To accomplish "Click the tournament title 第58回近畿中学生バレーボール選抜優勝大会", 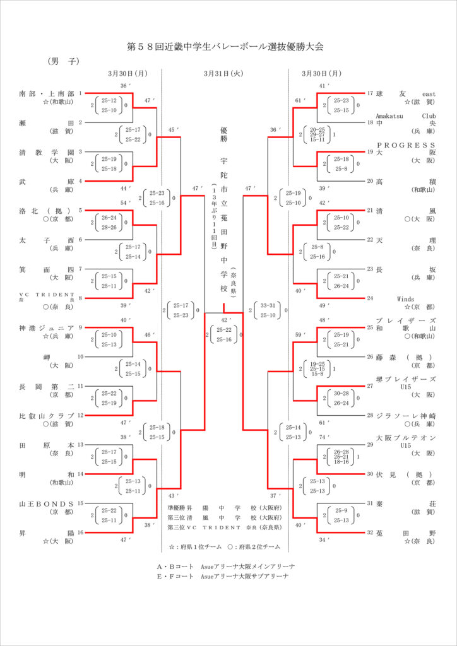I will pos(229,47).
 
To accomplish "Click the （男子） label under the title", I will pos(62,62).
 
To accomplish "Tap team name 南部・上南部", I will pos(47,93).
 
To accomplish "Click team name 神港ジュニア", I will pos(47,327).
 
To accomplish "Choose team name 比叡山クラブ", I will pos(47,416).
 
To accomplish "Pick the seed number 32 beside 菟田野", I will pos(370,533).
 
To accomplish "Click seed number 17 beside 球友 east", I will pos(370,93).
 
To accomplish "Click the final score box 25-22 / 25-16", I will pos(224,334).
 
